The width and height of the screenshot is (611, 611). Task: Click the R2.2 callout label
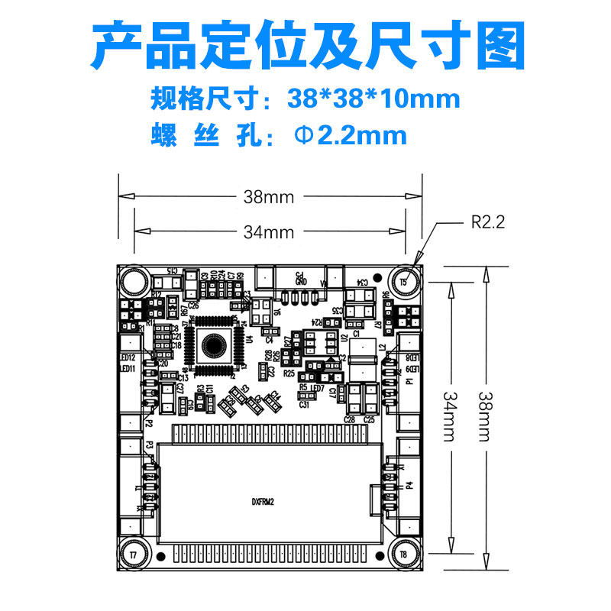(x=487, y=222)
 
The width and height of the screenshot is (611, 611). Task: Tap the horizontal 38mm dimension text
(x=269, y=196)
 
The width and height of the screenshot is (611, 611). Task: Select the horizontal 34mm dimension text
(x=269, y=231)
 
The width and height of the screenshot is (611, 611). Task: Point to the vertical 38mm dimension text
(x=484, y=416)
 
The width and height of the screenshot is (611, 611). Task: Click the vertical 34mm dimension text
(x=451, y=416)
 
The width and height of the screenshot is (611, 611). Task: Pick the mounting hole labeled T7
(x=134, y=552)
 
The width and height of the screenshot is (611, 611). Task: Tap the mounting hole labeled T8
(x=403, y=552)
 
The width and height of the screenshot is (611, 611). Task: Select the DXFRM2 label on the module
(x=263, y=502)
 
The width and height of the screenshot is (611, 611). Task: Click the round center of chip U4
(x=215, y=348)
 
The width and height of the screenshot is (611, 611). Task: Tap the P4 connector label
(x=410, y=484)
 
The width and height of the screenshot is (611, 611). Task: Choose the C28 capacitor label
(x=350, y=419)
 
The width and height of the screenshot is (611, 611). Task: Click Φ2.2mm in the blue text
(x=351, y=136)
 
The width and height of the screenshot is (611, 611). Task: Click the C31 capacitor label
(x=304, y=405)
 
